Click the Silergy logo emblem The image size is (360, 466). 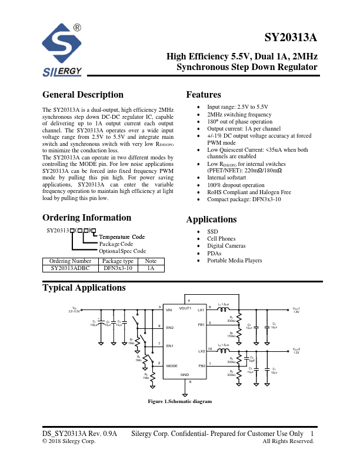tap(64, 45)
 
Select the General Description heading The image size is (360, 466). tap(83, 95)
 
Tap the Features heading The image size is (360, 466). tap(204, 95)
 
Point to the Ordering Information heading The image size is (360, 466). tap(87, 217)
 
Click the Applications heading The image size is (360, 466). tap(211, 219)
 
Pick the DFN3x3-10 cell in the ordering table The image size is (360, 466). tap(118, 268)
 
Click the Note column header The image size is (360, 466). tap(151, 261)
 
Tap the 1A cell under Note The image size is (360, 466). tap(151, 268)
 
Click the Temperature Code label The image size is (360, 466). tap(122, 237)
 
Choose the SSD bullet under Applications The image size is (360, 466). tap(212, 232)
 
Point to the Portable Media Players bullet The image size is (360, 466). tap(235, 260)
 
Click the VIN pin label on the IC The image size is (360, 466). tap(169, 309)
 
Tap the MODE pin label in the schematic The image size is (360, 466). tap(172, 365)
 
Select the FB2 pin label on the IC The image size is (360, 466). tap(201, 365)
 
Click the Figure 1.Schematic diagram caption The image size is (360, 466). tap(179, 401)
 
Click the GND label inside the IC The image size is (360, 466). tap(184, 374)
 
